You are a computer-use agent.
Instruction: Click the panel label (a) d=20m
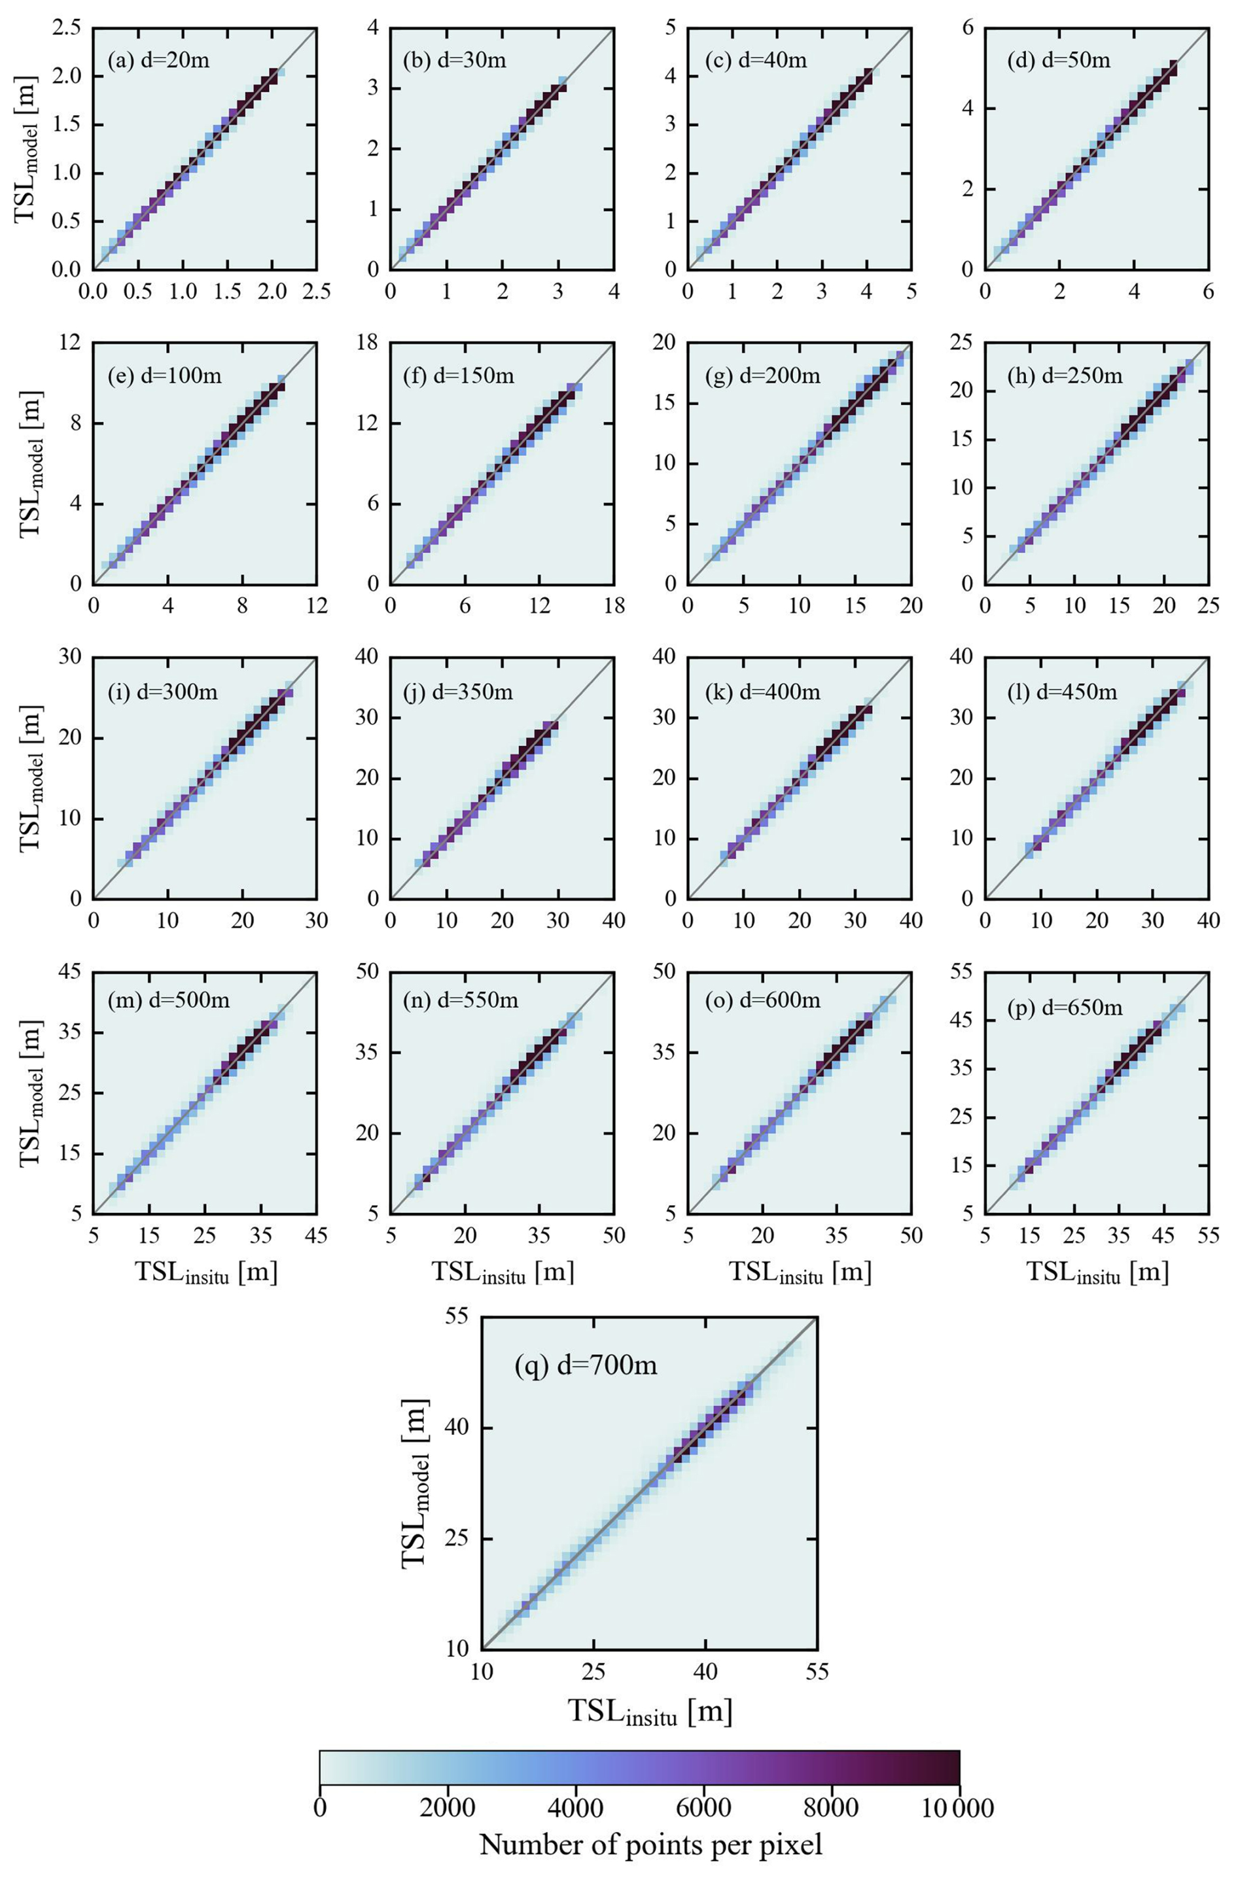(159, 60)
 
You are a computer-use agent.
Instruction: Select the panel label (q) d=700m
(585, 1364)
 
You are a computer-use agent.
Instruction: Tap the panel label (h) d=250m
(1065, 376)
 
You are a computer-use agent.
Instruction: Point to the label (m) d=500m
(168, 1000)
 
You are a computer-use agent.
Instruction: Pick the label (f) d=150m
(458, 376)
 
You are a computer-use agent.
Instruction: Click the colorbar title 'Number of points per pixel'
(650, 1844)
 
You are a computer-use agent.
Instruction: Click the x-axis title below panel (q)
(650, 1712)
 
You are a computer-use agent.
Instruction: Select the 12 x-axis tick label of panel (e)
(316, 606)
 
